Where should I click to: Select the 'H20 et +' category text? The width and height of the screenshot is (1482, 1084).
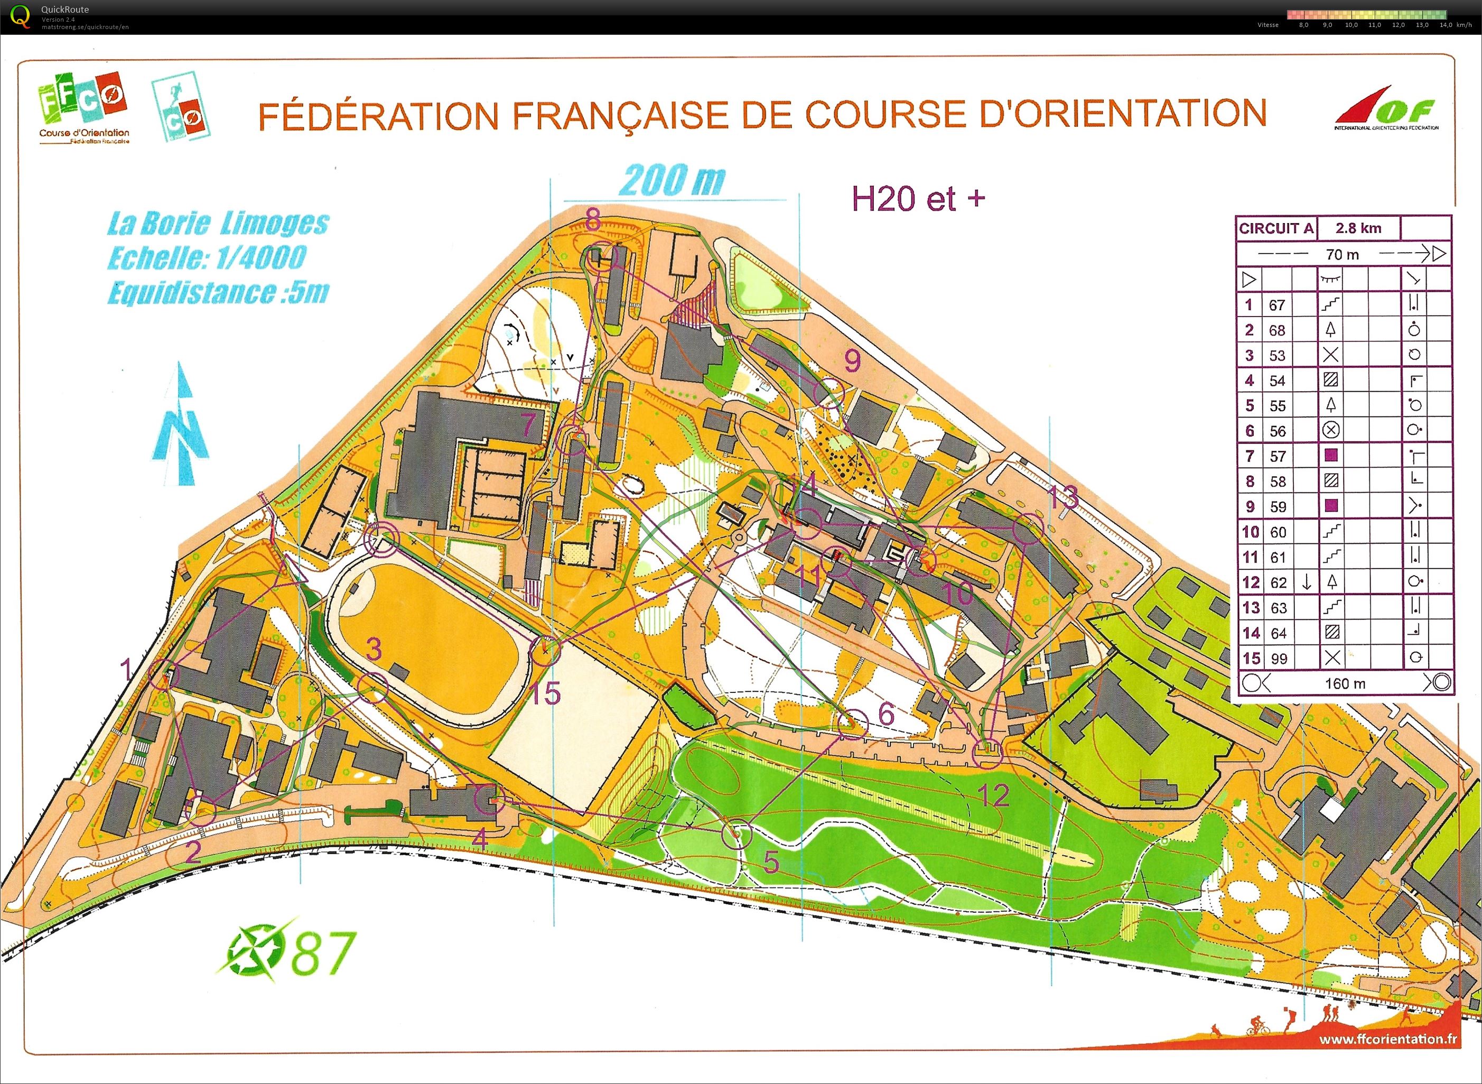coord(917,198)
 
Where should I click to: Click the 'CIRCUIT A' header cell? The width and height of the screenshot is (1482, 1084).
coord(1275,228)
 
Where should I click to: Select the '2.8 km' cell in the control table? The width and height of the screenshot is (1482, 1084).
coord(1358,228)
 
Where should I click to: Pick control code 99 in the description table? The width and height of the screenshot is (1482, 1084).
coord(1278,659)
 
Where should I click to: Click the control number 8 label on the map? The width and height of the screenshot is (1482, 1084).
coord(593,218)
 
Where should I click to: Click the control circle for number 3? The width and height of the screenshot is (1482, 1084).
coord(373,687)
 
